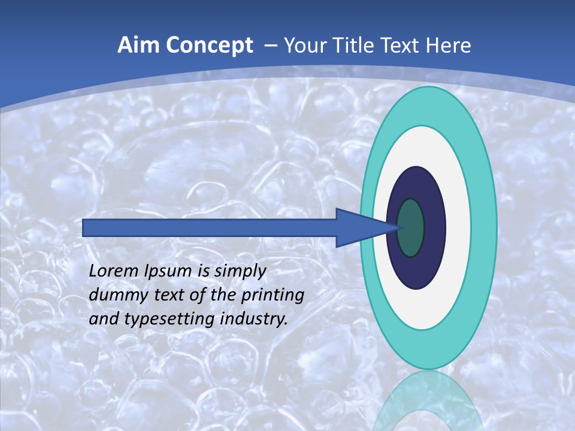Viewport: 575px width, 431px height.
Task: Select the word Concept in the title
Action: click(x=210, y=45)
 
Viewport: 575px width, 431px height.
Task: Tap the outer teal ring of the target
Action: click(x=483, y=228)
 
